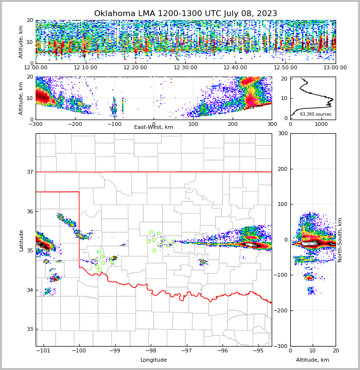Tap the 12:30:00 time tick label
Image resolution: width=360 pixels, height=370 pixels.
[x=185, y=68]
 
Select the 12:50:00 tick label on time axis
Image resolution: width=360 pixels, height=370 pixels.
[x=285, y=68]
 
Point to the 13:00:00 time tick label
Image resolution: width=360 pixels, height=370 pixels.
[x=335, y=68]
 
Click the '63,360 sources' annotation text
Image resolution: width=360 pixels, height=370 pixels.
[x=316, y=114]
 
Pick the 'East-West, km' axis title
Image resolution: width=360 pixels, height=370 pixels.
[x=154, y=127]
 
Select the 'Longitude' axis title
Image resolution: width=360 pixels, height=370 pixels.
[x=154, y=360]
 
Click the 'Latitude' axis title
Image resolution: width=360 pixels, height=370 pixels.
[x=21, y=240]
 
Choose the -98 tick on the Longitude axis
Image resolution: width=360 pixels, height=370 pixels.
[x=150, y=351]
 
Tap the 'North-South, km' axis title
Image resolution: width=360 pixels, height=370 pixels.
[x=340, y=240]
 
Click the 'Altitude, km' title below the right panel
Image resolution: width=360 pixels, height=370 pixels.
[x=313, y=360]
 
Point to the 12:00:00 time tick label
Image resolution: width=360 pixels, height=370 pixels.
[x=36, y=68]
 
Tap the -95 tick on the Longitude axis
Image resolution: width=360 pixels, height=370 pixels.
[x=257, y=351]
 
